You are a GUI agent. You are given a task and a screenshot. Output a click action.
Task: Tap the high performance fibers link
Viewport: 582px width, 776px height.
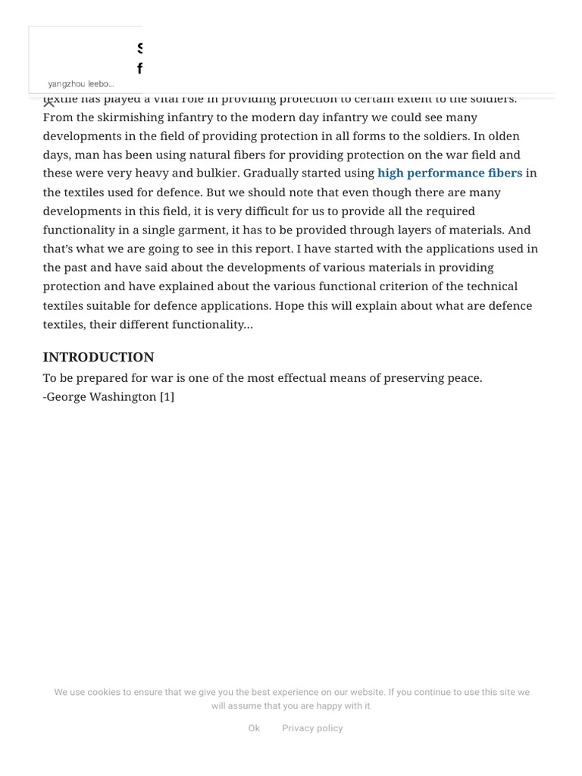(x=449, y=174)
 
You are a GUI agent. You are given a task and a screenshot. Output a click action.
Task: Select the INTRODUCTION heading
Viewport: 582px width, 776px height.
(x=99, y=357)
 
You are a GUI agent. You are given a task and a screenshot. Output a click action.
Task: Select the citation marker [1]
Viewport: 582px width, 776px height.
(x=167, y=396)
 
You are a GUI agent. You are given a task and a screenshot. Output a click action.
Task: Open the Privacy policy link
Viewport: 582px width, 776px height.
(x=312, y=728)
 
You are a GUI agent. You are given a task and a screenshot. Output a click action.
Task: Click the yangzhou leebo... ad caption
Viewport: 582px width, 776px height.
(x=80, y=84)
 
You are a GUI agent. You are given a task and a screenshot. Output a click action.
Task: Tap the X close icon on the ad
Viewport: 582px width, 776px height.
(x=49, y=102)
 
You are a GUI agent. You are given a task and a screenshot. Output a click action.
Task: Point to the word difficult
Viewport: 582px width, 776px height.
(x=302, y=211)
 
